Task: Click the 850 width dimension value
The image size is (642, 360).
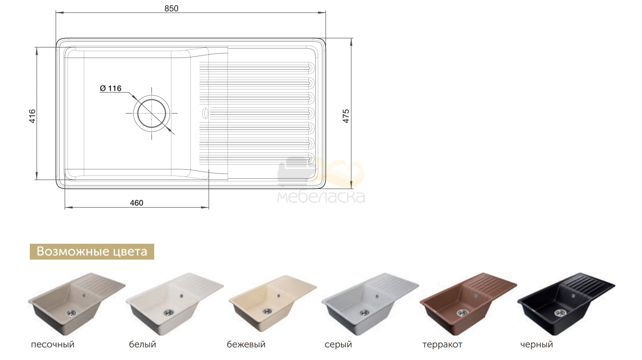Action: coord(171,9)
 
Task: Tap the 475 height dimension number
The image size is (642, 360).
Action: coord(346,116)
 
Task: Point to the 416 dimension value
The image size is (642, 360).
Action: coord(33,116)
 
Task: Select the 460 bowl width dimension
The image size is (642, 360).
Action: coord(137,203)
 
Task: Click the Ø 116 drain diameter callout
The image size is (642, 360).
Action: coord(111,88)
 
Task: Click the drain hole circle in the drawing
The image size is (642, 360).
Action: coord(151,114)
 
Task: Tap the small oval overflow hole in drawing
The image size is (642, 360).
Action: coord(205,113)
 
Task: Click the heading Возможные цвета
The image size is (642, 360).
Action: coord(92,251)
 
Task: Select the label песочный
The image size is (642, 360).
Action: coord(52,344)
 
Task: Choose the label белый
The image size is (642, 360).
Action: coord(142,344)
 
